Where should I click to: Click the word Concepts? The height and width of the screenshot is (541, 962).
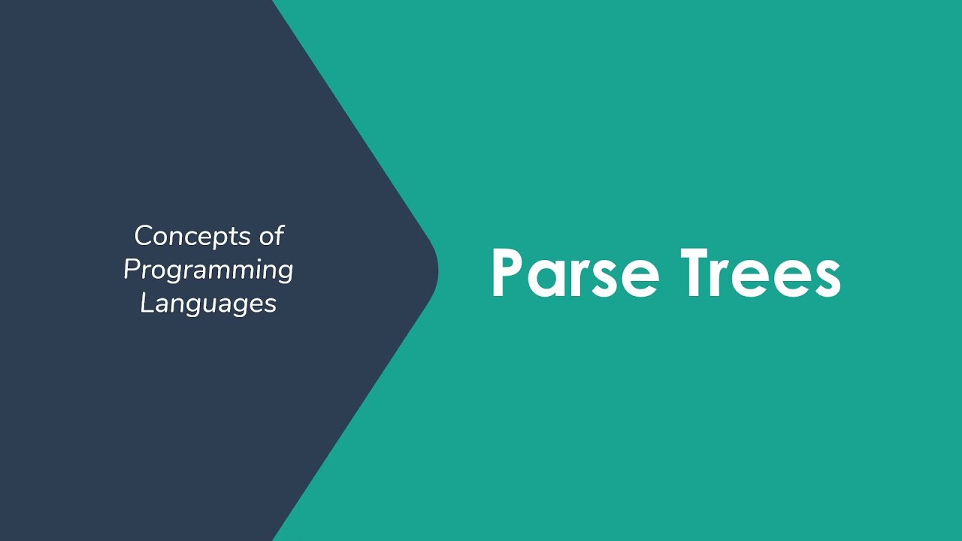pos(191,237)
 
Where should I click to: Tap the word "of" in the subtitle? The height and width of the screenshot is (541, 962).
pos(271,236)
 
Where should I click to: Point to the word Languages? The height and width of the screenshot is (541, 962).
pos(208,304)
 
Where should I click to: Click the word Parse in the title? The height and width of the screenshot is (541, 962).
pos(575,272)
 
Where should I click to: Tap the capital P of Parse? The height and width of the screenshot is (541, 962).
pos(508,272)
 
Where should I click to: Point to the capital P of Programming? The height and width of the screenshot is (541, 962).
pos(132,269)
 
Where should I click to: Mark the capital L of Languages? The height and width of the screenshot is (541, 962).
pos(146,303)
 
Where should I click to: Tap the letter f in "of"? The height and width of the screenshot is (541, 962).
pos(279,236)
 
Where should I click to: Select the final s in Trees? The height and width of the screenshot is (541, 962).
pos(826,278)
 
